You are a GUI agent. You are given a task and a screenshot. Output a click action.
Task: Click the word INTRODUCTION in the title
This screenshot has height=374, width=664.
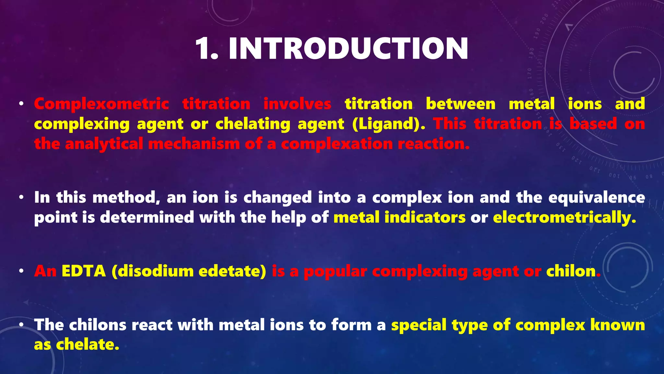[348, 49]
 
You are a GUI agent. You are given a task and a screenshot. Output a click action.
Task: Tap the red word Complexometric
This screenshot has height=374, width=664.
[101, 104]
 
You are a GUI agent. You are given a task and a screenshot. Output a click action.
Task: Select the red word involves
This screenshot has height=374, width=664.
[297, 104]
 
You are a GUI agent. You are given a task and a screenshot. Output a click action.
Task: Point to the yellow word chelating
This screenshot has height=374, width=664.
[253, 124]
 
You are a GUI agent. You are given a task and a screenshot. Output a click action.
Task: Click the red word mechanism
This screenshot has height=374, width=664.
[194, 144]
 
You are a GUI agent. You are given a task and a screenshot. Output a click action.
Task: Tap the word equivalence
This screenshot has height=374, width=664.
[597, 197]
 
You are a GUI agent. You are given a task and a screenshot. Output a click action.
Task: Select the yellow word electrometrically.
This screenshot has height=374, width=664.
[564, 217]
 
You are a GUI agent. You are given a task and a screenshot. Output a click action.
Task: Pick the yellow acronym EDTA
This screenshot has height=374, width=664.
[84, 271]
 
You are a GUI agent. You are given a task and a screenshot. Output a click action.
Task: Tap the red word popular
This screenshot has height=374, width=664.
[335, 271]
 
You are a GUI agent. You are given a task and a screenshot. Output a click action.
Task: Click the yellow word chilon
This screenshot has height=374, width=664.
[571, 271]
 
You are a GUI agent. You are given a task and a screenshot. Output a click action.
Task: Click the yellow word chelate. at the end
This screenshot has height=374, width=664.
[88, 345]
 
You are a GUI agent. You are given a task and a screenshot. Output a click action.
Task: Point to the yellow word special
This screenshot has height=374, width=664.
[419, 325]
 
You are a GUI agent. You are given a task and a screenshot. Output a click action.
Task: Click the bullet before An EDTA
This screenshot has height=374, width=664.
[21, 271]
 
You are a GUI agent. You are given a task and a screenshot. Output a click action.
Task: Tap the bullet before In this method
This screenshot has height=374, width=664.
[21, 197]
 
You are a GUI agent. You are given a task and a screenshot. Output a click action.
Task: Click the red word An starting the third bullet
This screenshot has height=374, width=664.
[45, 271]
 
